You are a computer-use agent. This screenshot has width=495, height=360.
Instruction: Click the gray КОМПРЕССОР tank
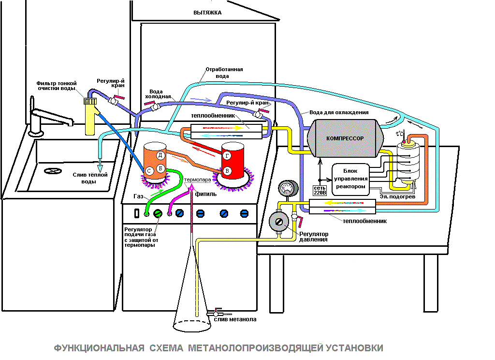[345, 138]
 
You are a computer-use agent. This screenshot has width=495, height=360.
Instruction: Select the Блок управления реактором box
[351, 179]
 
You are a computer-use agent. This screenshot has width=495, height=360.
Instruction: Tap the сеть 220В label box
[320, 190]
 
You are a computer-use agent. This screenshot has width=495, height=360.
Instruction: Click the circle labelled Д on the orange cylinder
[160, 155]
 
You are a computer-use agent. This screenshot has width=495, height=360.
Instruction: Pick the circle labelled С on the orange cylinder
[149, 171]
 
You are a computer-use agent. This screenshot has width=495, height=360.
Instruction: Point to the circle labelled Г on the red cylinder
[227, 155]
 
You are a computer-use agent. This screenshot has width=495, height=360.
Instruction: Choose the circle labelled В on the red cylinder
[227, 171]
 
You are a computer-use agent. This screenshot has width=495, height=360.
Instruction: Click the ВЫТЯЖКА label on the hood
[207, 13]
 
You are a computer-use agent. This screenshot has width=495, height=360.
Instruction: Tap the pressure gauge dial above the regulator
[288, 188]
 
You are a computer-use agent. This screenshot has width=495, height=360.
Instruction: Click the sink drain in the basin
[53, 171]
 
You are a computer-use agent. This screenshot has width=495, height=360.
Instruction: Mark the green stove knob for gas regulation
[158, 214]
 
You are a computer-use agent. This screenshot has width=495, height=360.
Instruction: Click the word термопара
[197, 180]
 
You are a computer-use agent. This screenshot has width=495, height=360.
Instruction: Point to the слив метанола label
[235, 319]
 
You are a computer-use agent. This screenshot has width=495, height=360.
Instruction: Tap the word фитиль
[206, 194]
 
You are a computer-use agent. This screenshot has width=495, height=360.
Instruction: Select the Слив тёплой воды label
[89, 178]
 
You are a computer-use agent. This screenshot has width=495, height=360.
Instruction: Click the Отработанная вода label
[224, 73]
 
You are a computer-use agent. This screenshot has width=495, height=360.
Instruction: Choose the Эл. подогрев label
[397, 196]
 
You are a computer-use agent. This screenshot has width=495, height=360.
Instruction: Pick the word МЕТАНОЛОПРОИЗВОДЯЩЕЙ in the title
[256, 348]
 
